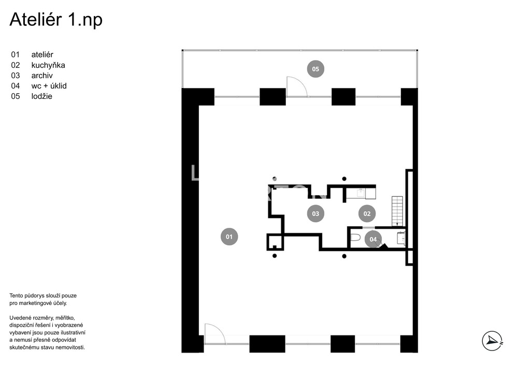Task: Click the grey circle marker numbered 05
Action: tap(315, 69)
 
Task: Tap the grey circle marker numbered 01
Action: tap(229, 237)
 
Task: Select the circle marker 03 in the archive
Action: tap(315, 213)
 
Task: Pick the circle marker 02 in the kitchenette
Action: tap(367, 213)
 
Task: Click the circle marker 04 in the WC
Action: tap(373, 239)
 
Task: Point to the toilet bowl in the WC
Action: tap(355, 238)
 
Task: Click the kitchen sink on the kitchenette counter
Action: tap(361, 193)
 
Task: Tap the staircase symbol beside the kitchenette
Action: tap(397, 211)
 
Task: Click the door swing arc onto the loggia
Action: tap(297, 86)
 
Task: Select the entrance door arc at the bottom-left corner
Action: tap(215, 334)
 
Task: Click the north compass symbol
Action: tap(492, 341)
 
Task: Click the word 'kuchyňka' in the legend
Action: tap(48, 65)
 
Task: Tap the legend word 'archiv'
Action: tap(42, 76)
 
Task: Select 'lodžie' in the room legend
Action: tap(41, 96)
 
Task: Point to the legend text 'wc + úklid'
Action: tap(49, 86)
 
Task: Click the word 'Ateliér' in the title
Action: tap(36, 20)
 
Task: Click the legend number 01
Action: tap(15, 55)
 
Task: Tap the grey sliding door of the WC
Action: tap(369, 228)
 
